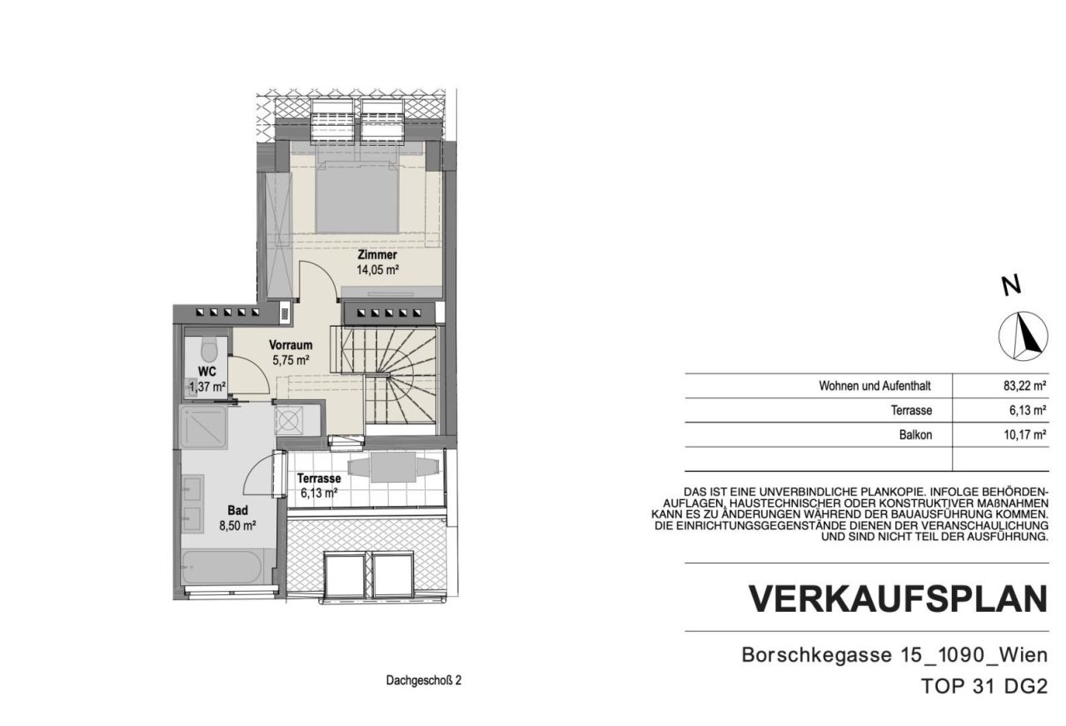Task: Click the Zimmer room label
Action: click(376, 255)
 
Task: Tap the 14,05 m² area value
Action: click(378, 270)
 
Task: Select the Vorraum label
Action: click(291, 345)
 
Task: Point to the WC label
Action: click(207, 371)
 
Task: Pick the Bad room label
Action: click(237, 511)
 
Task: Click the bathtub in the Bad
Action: click(222, 568)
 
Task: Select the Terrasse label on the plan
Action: click(319, 479)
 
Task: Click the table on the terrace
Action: click(384, 468)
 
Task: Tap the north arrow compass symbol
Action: click(1023, 336)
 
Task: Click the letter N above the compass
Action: click(1011, 286)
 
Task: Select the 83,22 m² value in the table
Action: click(1025, 386)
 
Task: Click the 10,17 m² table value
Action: click(1025, 434)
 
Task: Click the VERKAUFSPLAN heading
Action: click(898, 599)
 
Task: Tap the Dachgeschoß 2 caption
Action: click(423, 680)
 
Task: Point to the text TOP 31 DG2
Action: click(984, 686)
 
